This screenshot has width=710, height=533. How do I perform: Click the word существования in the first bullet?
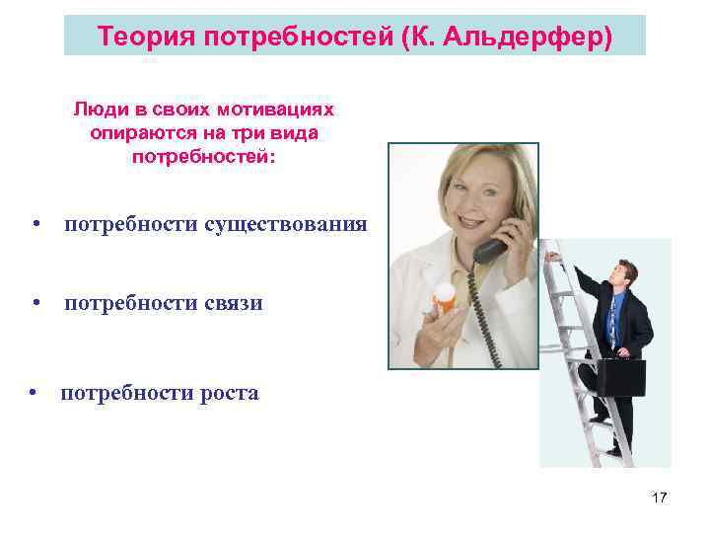click(x=286, y=224)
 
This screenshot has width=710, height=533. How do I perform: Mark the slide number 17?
click(x=659, y=497)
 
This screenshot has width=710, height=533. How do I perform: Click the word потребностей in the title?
click(x=283, y=38)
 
